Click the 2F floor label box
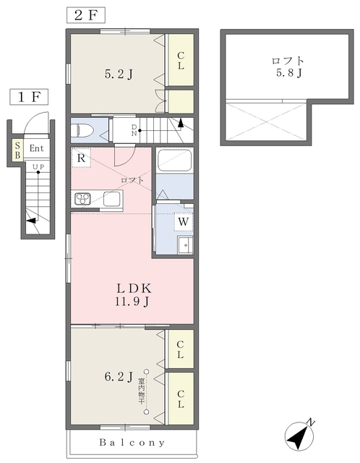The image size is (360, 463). coord(86,15)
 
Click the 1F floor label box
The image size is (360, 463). coord(29,96)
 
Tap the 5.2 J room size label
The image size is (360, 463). coord(119,74)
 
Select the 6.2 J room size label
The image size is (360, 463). coord(119,376)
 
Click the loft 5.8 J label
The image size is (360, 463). coord(288,67)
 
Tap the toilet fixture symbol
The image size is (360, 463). coord(82,130)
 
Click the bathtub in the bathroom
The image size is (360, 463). coord(174,160)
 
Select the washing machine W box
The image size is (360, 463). coord(184,221)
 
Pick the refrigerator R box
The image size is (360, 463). coord(81,158)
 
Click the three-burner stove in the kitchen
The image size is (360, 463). coord(82,198)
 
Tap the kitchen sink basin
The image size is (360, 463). coord(111,199)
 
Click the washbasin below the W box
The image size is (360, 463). coord(185,245)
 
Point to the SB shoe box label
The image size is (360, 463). coord(17,150)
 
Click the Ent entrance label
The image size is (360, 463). coord(37,148)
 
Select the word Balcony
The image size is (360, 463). coord(132,442)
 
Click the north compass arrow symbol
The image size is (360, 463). coord(299,436)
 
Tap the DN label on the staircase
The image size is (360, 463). coord(134,130)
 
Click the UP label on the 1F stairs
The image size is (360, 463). coord(38,167)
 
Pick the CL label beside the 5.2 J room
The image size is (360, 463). coord(181,61)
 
